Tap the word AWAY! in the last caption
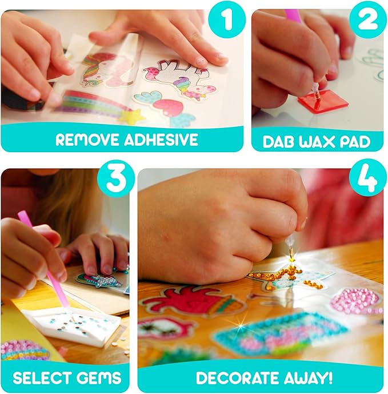coord(307,377)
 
